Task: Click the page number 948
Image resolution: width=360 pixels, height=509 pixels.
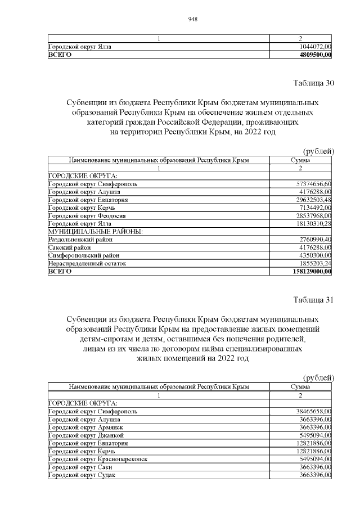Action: (x=192, y=19)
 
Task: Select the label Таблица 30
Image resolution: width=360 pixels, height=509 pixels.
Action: (x=314, y=83)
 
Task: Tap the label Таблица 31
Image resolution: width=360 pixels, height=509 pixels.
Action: (x=314, y=299)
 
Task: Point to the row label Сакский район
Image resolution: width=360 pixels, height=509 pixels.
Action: (x=69, y=247)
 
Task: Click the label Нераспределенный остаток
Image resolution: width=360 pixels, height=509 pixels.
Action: (x=87, y=263)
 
